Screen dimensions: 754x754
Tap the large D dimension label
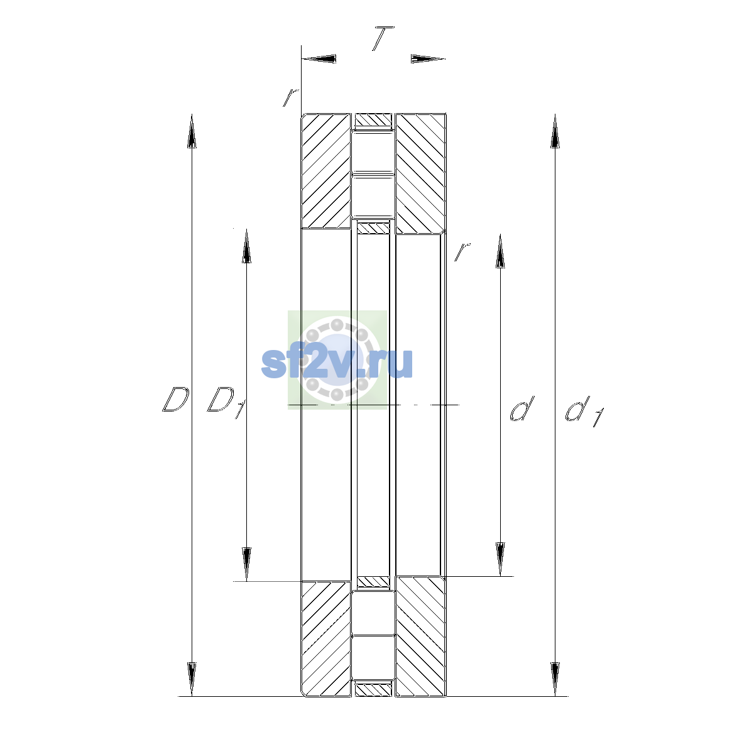point(175,399)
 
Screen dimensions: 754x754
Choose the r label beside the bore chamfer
point(462,251)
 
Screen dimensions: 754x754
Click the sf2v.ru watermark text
point(337,363)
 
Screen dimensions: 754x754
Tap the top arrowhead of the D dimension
point(192,131)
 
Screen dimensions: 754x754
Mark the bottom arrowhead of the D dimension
point(192,679)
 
